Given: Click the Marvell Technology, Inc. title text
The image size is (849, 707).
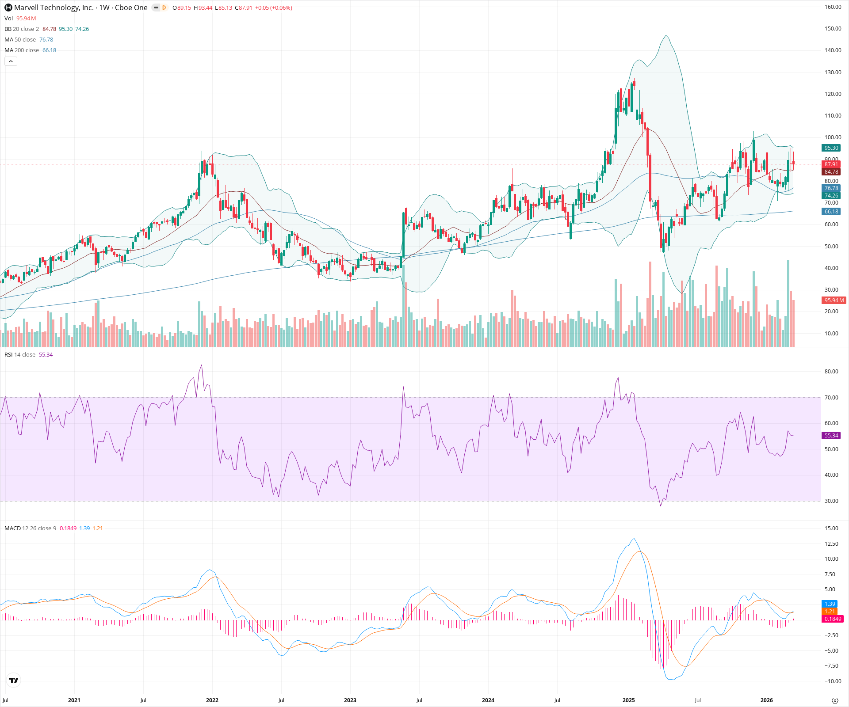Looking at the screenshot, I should pos(54,8).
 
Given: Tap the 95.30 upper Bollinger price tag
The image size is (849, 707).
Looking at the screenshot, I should pos(831,148).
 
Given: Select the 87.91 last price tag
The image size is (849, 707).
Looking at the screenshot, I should pos(831,164).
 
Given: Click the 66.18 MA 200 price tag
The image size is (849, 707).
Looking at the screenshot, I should pos(831,212).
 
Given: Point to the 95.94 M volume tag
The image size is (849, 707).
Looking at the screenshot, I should pos(834,300).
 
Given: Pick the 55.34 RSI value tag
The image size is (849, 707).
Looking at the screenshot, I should pos(831,436).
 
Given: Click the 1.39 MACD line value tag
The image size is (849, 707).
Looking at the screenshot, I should pos(830,604).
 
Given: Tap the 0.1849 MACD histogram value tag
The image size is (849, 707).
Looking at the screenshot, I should pos(833,619).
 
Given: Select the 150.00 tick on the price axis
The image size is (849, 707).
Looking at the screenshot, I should pos(833,29).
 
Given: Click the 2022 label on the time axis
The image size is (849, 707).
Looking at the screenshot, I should pos(212,700).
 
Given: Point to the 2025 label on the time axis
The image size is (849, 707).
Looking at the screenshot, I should pos(628,700).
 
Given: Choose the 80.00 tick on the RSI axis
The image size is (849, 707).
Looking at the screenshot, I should pos(831,372).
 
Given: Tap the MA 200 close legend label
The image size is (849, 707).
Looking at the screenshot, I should pos(22,50).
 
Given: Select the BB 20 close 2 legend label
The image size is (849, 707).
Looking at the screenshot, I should pos(22,29).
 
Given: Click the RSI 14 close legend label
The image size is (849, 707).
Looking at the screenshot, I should pos(20,355).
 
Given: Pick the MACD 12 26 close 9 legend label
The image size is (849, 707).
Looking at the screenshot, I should pos(30,528).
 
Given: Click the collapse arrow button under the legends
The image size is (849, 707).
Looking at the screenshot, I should pos(11,61).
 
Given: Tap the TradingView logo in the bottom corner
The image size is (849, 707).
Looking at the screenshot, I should pos(14,680).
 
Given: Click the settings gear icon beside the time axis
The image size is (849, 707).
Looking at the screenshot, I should pos(835,700).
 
